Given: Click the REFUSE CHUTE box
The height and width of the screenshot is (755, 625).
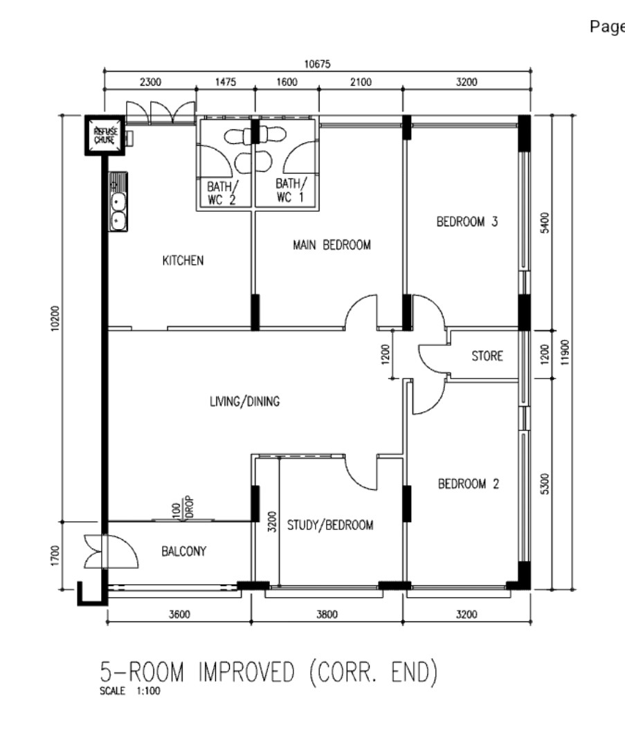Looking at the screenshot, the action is click(105, 135).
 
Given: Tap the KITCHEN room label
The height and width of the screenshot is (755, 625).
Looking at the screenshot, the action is click(183, 260).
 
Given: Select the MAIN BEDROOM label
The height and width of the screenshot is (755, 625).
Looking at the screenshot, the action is click(332, 245).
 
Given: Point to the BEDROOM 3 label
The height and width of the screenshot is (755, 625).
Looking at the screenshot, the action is click(467, 221).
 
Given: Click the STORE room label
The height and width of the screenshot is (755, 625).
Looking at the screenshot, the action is click(487, 356).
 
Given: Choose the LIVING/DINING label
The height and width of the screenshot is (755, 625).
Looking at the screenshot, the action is click(244, 401).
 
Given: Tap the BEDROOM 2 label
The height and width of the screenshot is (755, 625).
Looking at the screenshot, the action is click(468, 484).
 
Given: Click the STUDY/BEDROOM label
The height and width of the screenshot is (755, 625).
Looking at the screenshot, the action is click(330, 525).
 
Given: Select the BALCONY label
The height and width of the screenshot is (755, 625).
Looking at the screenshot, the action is click(183, 551).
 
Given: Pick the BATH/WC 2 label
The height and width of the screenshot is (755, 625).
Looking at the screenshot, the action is click(222, 192).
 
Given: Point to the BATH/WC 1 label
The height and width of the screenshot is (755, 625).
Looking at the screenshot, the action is click(290, 190).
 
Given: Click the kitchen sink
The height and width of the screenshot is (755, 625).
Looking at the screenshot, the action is click(118, 201).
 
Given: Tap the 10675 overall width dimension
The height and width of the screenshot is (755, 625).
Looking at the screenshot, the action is click(317, 64).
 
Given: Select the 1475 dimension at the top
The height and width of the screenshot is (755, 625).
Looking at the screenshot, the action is click(226, 82).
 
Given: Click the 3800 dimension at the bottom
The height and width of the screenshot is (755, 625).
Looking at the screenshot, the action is click(327, 615).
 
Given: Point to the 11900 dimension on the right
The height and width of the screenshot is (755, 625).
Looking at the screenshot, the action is click(565, 352).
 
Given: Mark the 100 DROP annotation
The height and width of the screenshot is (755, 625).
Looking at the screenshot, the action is click(183, 507).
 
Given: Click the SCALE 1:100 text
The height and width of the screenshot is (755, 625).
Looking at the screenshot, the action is click(130, 691).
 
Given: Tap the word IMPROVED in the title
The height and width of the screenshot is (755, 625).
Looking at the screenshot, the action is click(246, 672).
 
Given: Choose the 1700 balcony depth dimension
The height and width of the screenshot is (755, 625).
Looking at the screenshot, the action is click(55, 555).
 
